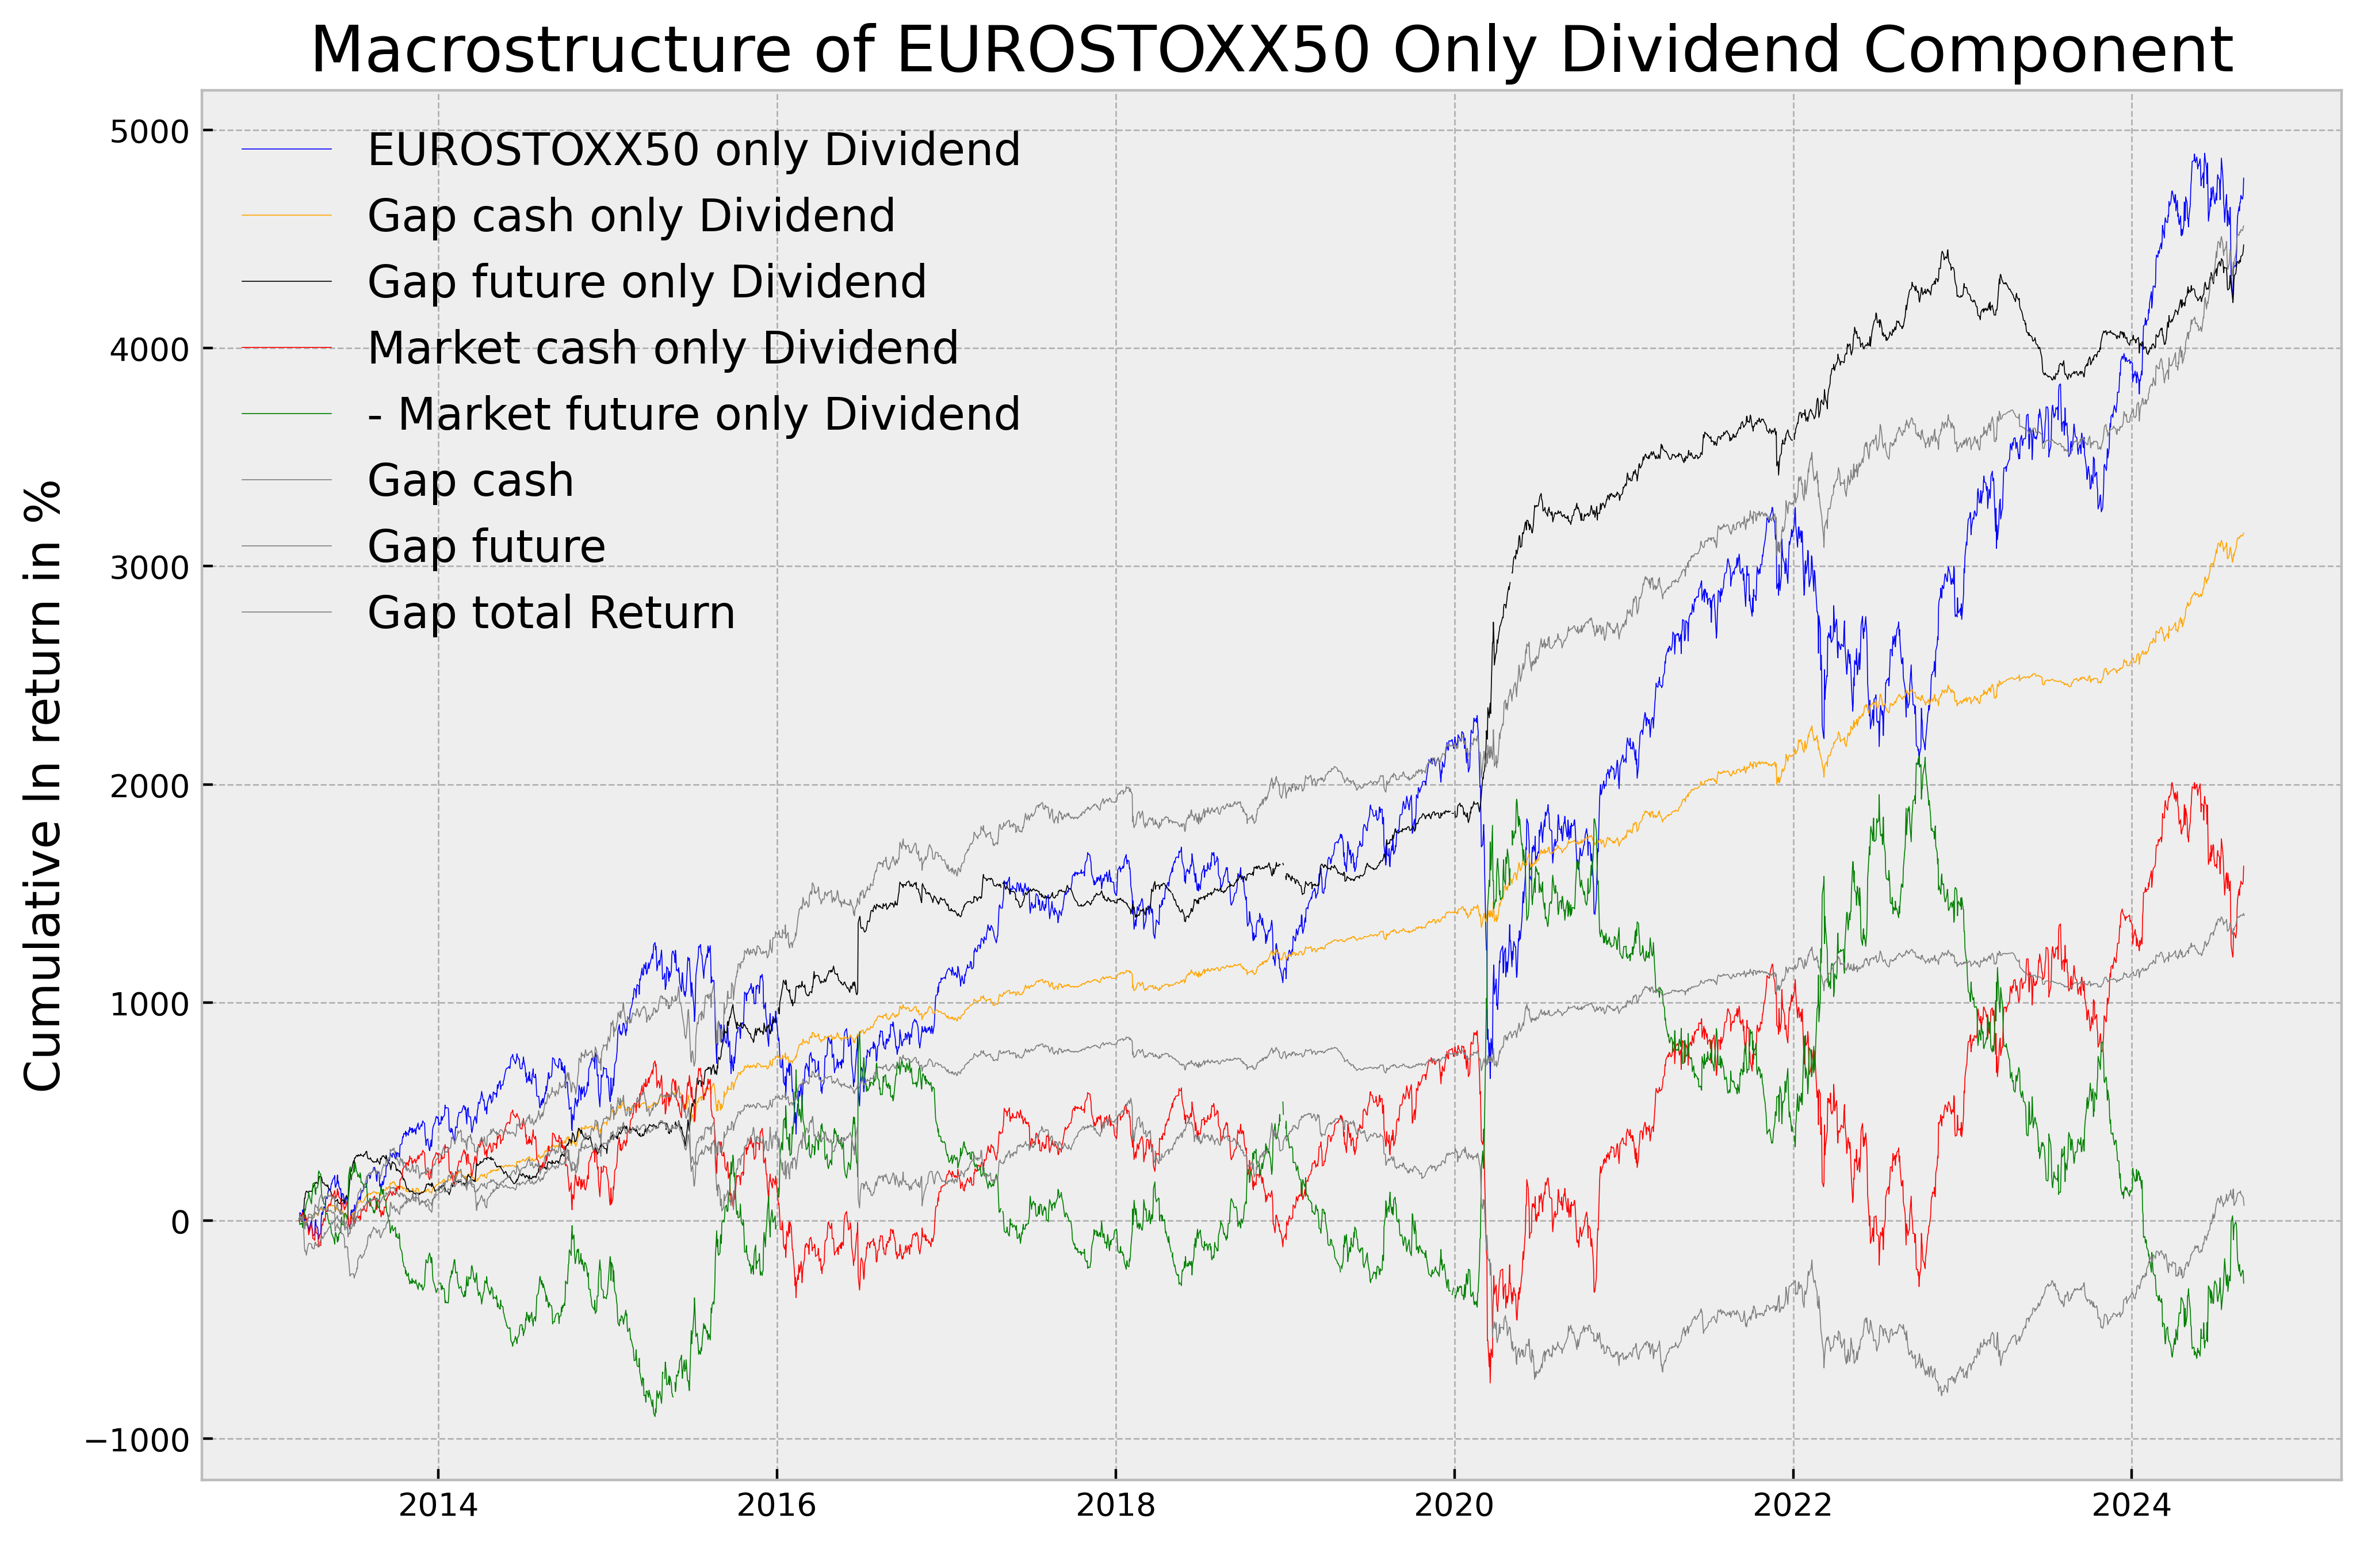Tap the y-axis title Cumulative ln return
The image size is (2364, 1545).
(44, 785)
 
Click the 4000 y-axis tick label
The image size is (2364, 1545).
(149, 350)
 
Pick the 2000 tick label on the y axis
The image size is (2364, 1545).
(149, 786)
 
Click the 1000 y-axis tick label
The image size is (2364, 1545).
(149, 1004)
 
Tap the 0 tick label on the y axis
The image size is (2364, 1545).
(180, 1222)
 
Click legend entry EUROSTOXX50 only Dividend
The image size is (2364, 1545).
(693, 150)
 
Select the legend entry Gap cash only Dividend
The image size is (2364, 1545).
(631, 217)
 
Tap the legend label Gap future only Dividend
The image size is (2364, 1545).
(647, 282)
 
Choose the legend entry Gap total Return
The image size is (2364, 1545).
(551, 613)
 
